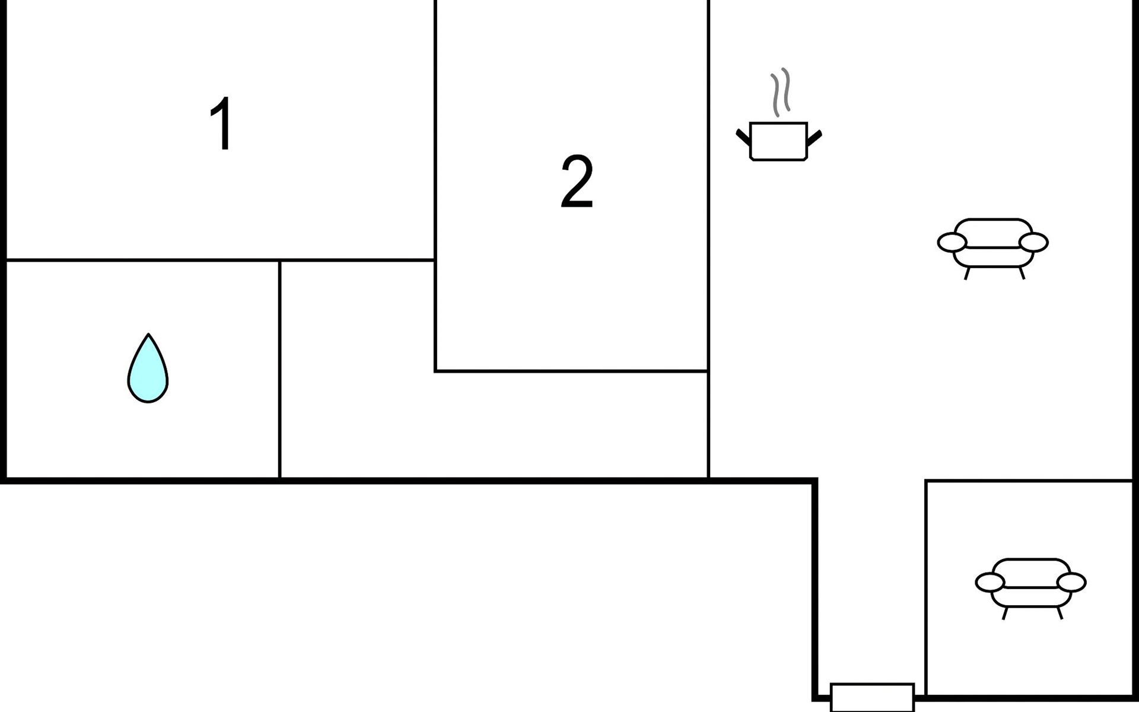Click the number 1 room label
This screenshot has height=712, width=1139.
222,124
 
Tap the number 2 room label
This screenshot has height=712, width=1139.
577,182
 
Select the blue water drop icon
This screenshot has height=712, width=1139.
148,371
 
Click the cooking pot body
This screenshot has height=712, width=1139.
778,141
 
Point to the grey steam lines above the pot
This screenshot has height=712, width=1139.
781,91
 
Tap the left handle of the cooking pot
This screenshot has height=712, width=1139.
743,136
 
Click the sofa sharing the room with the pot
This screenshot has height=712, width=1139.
993,244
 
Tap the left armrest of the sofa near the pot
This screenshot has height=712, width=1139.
952,243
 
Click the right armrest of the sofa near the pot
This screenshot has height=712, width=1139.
1034,243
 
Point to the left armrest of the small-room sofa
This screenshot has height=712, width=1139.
990,583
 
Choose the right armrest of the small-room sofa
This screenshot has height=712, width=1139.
1071,583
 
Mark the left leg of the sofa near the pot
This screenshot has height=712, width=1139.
967,274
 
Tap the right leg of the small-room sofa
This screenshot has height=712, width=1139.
1060,613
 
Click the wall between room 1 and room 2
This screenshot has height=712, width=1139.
435,131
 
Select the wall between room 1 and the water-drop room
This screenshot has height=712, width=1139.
142,260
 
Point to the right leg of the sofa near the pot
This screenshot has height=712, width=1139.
1022,273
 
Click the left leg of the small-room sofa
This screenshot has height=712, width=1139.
1005,613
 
